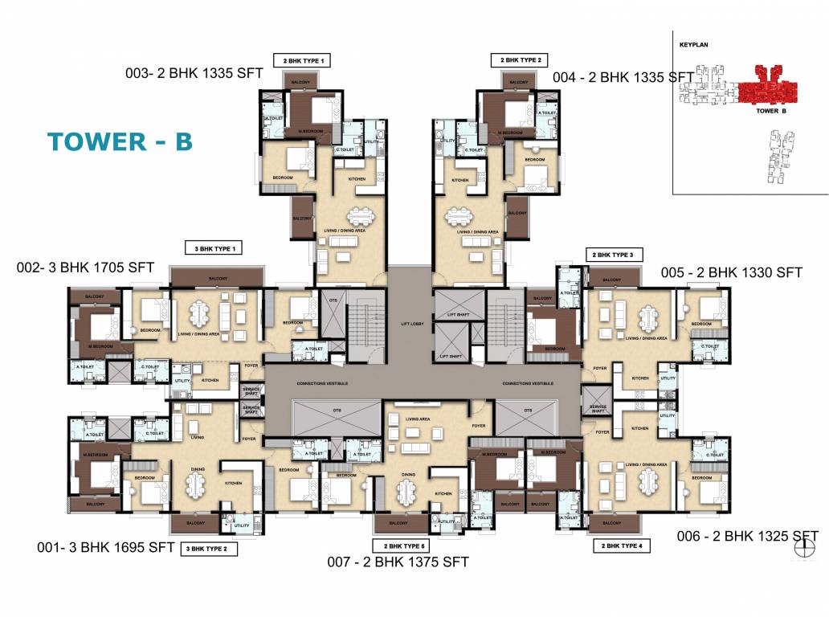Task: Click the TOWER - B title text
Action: (120, 141)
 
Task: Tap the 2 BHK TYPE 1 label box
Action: (302, 60)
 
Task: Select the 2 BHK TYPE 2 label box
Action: (521, 60)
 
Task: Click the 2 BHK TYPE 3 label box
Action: (615, 255)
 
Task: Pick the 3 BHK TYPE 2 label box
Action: (211, 550)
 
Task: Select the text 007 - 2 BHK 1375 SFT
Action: (399, 562)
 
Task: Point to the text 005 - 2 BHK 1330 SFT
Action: (731, 273)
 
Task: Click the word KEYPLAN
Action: (692, 47)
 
